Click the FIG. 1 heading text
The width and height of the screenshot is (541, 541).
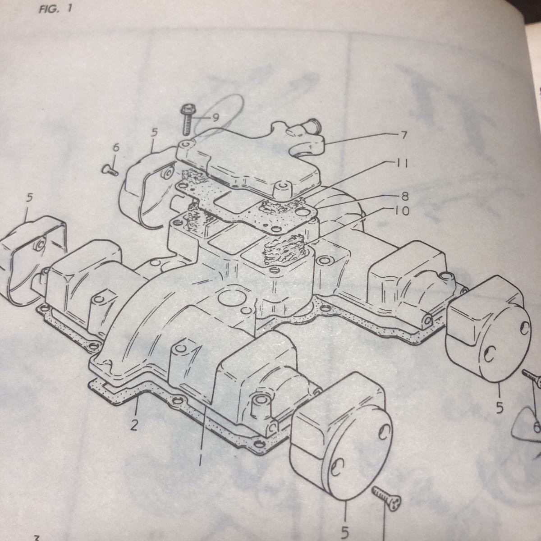click(55, 9)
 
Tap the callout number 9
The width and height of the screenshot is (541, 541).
click(215, 118)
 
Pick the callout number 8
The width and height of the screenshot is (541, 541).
click(404, 197)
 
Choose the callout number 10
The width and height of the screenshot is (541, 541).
click(402, 211)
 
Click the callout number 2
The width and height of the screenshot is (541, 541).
click(134, 426)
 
